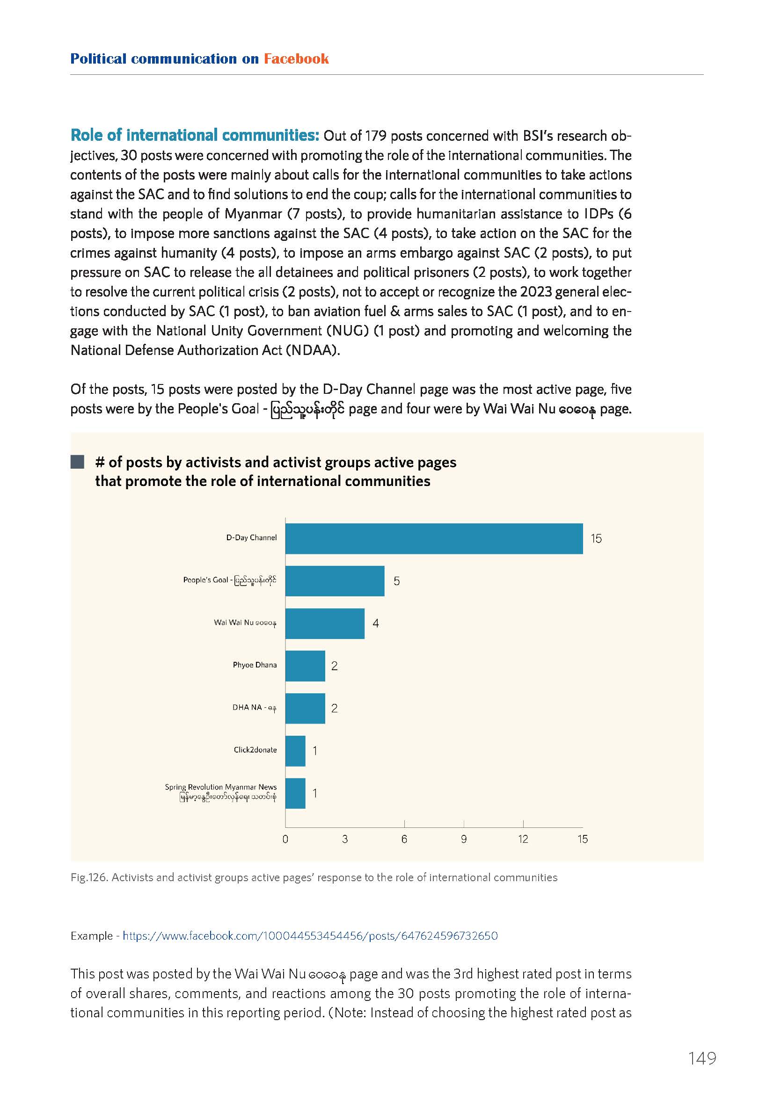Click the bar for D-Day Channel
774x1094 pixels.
[x=434, y=538]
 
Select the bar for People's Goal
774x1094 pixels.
[x=335, y=581]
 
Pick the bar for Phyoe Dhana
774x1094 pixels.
[x=305, y=666]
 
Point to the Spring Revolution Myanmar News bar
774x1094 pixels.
[x=295, y=793]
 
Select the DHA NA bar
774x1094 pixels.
[x=305, y=708]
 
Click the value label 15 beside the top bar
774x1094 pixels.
[x=596, y=538]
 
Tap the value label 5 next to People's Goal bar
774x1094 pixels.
[x=396, y=581]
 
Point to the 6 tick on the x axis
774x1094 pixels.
[x=404, y=839]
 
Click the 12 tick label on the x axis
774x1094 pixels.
[x=523, y=839]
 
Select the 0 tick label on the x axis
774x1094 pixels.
[x=285, y=839]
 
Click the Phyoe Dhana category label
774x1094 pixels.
[x=255, y=665]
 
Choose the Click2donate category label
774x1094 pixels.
[x=255, y=749]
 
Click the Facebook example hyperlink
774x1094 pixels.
[x=310, y=936]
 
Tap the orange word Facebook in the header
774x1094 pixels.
[x=296, y=58]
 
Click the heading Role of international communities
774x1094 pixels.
[x=195, y=135]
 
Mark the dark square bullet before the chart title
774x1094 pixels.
[x=77, y=462]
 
